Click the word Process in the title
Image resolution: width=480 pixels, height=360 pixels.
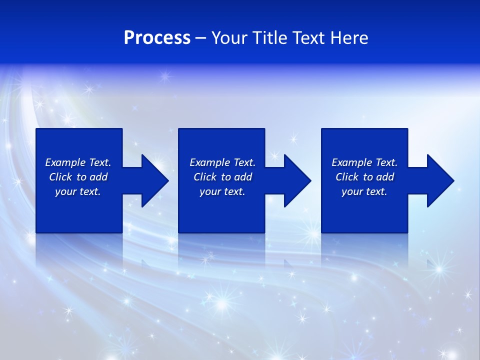pyautogui.click(x=157, y=38)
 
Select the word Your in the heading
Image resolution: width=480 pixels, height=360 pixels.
pyautogui.click(x=228, y=38)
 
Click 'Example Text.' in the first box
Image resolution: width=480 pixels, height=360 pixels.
pyautogui.click(x=78, y=162)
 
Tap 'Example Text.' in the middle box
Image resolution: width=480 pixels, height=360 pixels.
pyautogui.click(x=222, y=162)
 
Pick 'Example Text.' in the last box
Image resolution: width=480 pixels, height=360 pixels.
pyautogui.click(x=364, y=162)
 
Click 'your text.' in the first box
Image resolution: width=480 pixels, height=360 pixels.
pyautogui.click(x=78, y=191)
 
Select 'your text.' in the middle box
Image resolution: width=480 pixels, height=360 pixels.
pyautogui.click(x=222, y=191)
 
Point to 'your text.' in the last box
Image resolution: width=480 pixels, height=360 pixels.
pyautogui.click(x=364, y=191)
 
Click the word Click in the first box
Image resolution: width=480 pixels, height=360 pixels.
pyautogui.click(x=60, y=177)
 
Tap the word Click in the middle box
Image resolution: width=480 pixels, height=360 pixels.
pyautogui.click(x=205, y=177)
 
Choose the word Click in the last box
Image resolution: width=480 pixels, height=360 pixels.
pyautogui.click(x=347, y=177)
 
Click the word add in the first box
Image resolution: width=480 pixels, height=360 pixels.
pyautogui.click(x=99, y=177)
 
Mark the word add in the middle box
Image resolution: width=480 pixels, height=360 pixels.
pyautogui.click(x=243, y=177)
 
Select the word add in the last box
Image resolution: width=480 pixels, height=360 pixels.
pyautogui.click(x=385, y=177)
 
